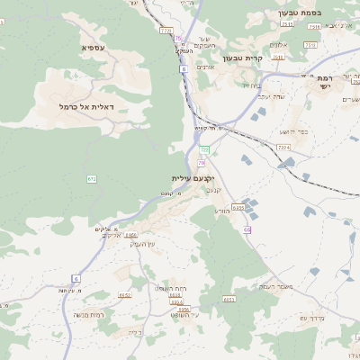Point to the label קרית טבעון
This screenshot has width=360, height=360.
(x=266, y=57)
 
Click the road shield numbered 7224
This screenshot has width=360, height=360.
(x=283, y=147)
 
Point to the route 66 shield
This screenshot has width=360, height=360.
(x=247, y=230)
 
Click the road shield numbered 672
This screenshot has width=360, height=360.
(x=92, y=179)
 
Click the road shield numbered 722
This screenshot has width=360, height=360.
(x=204, y=149)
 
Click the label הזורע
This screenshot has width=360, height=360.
(x=222, y=211)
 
